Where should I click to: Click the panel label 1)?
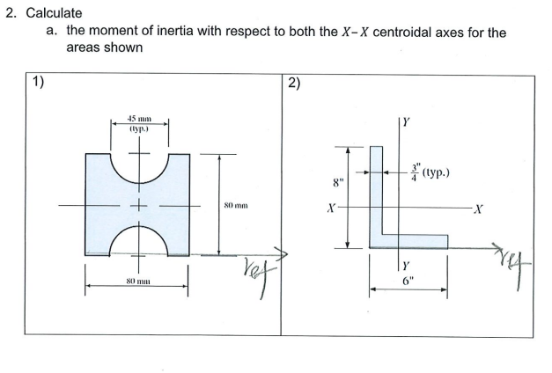(38, 84)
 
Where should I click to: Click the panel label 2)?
(294, 84)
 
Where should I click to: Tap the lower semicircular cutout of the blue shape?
(137, 239)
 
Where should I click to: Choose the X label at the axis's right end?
(476, 209)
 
